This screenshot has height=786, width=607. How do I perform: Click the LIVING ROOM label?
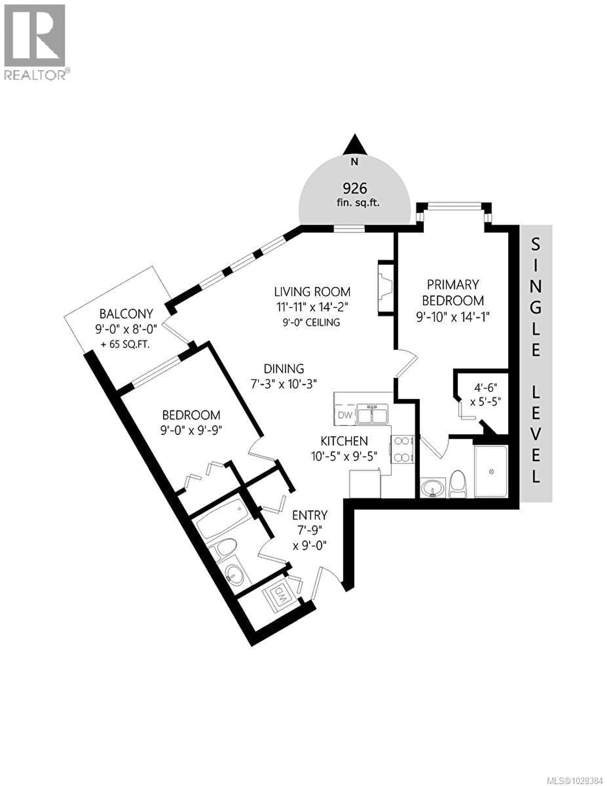(312, 292)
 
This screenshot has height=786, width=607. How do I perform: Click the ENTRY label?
(310, 515)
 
